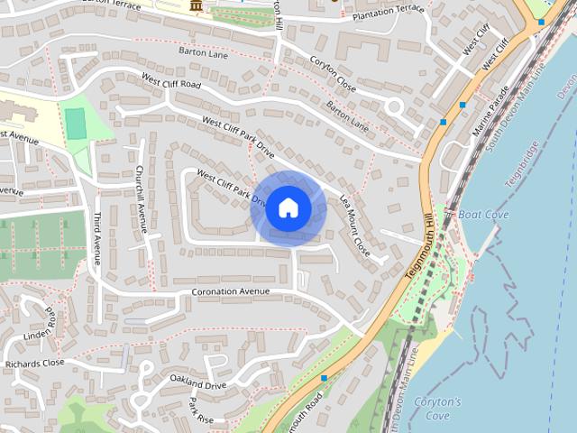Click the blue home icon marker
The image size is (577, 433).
pyautogui.click(x=288, y=208)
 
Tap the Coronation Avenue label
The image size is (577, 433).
pyautogui.click(x=231, y=292)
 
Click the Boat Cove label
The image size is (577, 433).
pyautogui.click(x=483, y=215)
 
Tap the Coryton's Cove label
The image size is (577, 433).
pyautogui.click(x=438, y=409)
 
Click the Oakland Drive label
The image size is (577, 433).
pyautogui.click(x=197, y=385)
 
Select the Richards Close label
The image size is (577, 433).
pyautogui.click(x=34, y=364)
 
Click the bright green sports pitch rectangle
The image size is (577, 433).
pyautogui.click(x=76, y=123)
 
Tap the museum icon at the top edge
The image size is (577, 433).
pyautogui.click(x=197, y=7)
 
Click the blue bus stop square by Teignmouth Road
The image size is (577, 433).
pyautogui.click(x=323, y=378)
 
